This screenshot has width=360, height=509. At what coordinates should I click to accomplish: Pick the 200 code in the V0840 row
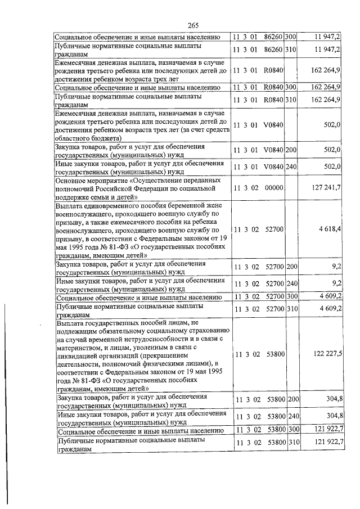(x=291, y=150)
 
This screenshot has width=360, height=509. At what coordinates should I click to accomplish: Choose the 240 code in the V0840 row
(x=291, y=166)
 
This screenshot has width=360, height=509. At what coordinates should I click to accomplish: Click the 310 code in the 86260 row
(x=291, y=49)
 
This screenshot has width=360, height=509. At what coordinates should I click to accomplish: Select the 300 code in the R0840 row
(x=291, y=87)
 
